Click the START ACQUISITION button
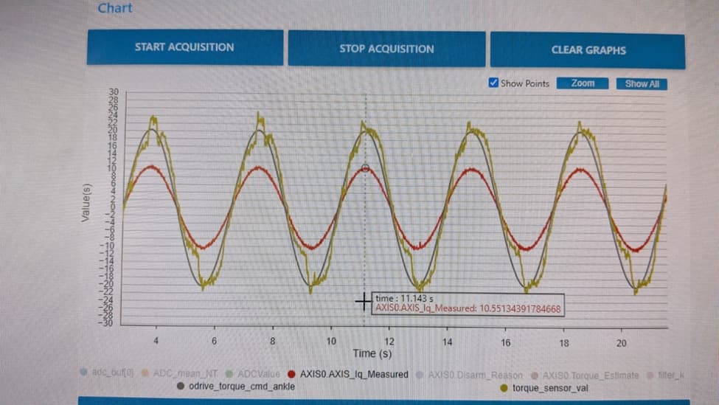184,47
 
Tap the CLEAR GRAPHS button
588,50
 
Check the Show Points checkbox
494,83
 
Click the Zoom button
583,83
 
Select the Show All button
642,84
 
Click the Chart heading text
115,8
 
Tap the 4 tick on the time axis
156,342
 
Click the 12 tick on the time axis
389,342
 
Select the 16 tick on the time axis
506,343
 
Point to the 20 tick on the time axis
622,343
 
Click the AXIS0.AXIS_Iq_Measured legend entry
353,374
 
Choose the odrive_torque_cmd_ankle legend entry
242,386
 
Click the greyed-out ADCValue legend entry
258,374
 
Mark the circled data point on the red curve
365,168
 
